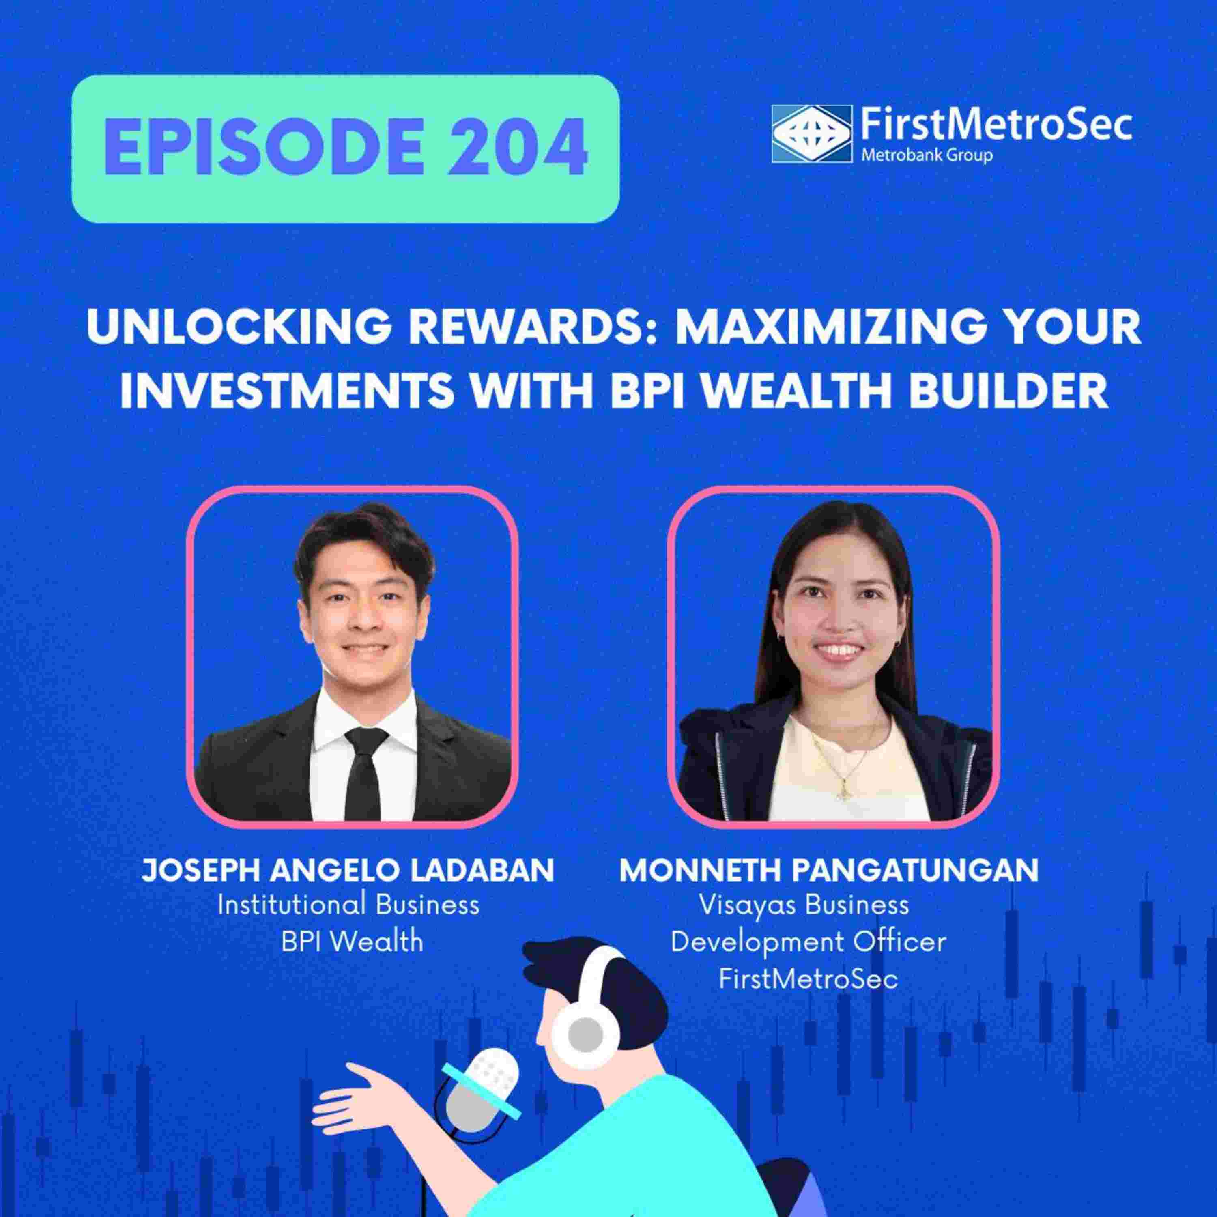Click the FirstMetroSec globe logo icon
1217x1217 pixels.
pyautogui.click(x=809, y=133)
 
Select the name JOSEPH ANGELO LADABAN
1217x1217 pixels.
pyautogui.click(x=348, y=871)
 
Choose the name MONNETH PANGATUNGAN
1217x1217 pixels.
pyautogui.click(x=829, y=871)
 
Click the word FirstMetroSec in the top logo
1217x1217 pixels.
pyautogui.click(x=995, y=124)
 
